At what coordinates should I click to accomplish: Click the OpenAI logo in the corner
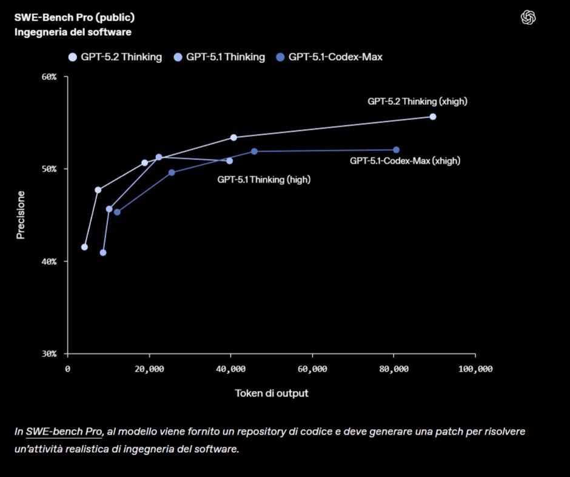click(x=528, y=18)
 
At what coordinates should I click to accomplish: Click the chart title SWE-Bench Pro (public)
click(x=75, y=17)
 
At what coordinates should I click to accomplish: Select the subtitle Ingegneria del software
click(x=73, y=32)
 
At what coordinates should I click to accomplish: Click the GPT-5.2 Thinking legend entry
click(x=115, y=57)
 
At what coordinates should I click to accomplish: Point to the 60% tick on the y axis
click(x=49, y=77)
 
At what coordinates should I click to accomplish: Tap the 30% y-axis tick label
click(x=49, y=353)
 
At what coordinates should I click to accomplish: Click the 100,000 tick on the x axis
click(x=475, y=369)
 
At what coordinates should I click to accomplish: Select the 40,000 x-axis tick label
click(x=230, y=369)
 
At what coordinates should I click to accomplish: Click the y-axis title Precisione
click(x=21, y=215)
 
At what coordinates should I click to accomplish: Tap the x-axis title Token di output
click(x=272, y=393)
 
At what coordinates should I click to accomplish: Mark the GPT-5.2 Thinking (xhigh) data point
click(x=432, y=116)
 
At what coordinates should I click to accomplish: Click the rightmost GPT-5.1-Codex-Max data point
click(x=396, y=150)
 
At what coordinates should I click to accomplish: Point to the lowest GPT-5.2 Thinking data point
click(x=84, y=247)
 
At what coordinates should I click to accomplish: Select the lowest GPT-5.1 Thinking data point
click(x=103, y=252)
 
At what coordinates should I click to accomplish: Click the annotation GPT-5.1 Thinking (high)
click(x=264, y=179)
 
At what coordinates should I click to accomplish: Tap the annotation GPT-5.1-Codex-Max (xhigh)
click(x=405, y=161)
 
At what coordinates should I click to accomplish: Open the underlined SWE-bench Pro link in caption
click(x=64, y=432)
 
